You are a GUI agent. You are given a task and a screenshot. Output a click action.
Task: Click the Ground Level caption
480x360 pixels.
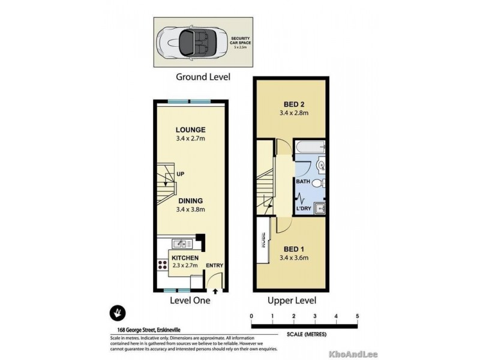pyautogui.click(x=203, y=77)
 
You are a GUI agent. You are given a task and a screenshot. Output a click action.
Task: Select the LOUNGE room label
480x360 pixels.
pyautogui.click(x=191, y=130)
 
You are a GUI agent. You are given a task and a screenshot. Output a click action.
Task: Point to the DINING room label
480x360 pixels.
pyautogui.click(x=191, y=201)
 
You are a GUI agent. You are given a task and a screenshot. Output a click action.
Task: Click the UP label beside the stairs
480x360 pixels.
pyautogui.click(x=180, y=174)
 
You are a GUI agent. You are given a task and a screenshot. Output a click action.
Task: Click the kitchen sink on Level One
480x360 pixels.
pyautogui.click(x=179, y=244)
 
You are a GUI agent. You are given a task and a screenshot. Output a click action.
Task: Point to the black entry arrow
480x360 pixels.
pyautogui.click(x=215, y=291)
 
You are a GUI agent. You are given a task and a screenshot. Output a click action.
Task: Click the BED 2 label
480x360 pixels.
pyautogui.click(x=290, y=103)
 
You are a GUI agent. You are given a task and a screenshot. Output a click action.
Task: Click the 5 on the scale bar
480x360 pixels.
pyautogui.click(x=358, y=316)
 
